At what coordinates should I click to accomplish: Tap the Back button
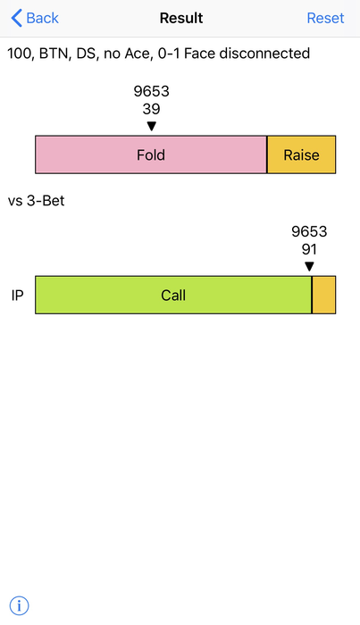[35, 18]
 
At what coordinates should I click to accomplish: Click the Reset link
[325, 18]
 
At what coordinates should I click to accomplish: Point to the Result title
[181, 18]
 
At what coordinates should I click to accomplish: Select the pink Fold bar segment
[151, 154]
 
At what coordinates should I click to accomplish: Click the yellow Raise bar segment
[301, 154]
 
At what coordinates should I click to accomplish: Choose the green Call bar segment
[173, 295]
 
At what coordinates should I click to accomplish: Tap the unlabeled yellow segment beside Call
[323, 295]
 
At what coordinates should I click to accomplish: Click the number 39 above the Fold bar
[151, 109]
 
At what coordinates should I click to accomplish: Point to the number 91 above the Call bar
[309, 249]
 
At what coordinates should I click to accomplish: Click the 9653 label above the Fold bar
[152, 91]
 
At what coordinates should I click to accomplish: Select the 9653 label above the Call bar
[309, 231]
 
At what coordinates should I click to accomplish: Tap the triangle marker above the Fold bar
[152, 127]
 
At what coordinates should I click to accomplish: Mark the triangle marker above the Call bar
[309, 267]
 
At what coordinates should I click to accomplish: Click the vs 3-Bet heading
[37, 201]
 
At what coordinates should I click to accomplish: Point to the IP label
[17, 296]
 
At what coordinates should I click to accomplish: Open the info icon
[19, 606]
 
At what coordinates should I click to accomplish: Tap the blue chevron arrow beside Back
[16, 19]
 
